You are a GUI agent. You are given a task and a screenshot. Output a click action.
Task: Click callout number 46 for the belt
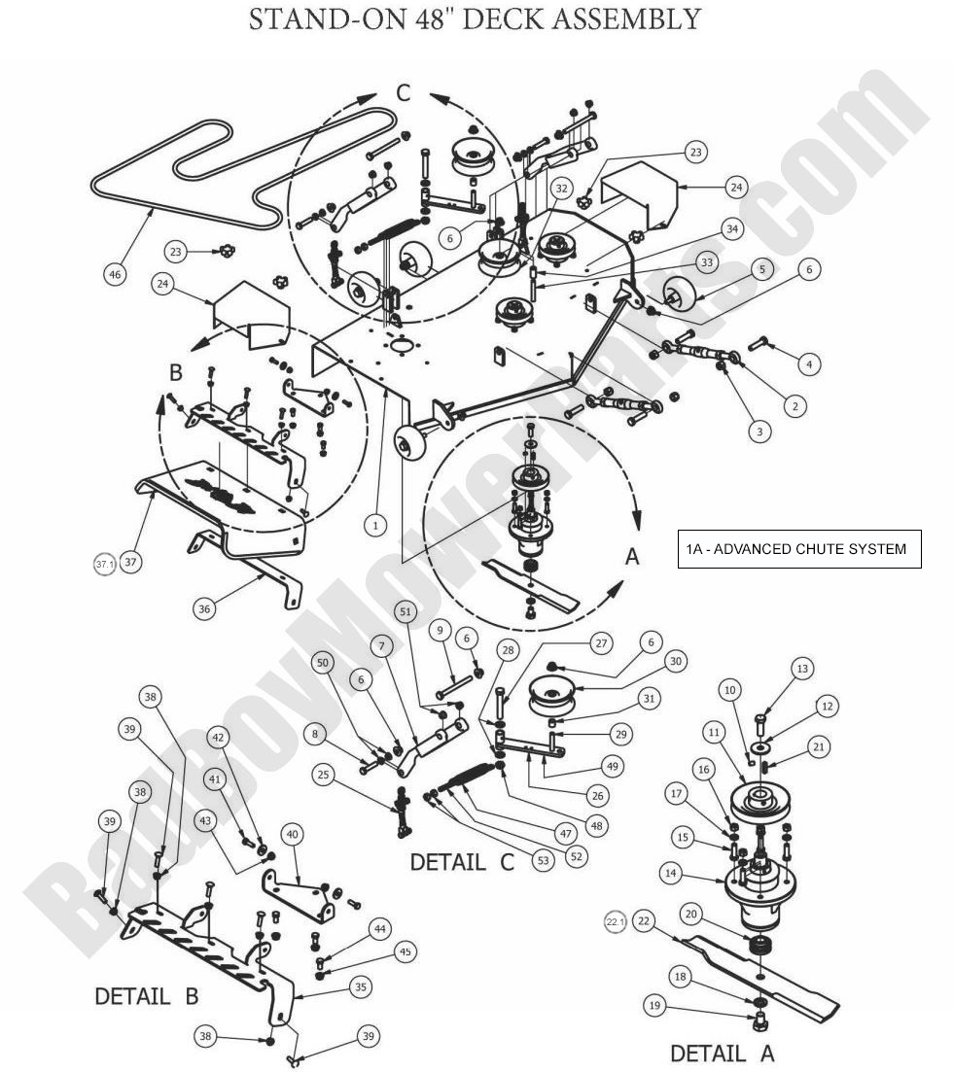[x=114, y=275]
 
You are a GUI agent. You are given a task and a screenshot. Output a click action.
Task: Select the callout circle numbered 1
[x=375, y=525]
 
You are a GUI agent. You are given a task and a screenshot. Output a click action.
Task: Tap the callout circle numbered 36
[x=204, y=609]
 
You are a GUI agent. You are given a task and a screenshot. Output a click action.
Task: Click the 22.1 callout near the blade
[x=615, y=921]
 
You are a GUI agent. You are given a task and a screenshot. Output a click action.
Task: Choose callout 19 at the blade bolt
[x=655, y=1005]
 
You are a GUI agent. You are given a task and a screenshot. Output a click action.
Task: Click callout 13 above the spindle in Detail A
[x=802, y=669]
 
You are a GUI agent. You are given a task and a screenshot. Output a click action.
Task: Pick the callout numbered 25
[x=325, y=775]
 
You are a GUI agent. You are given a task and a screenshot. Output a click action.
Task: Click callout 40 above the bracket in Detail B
[x=291, y=834]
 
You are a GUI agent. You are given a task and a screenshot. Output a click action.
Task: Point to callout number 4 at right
[x=808, y=364]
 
